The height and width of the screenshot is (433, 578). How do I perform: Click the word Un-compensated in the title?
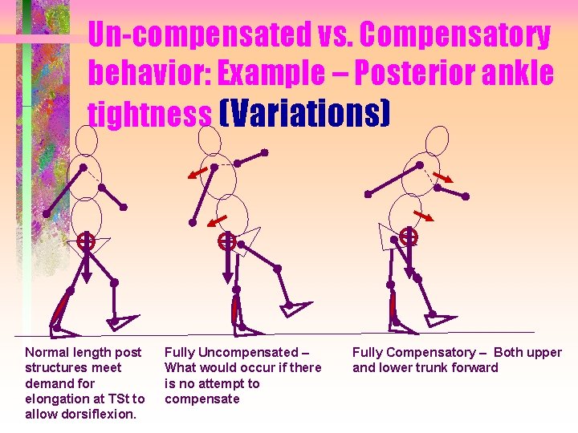point(197,34)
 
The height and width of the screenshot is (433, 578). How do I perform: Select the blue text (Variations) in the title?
point(303,114)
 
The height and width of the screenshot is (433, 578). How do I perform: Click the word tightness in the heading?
point(149,114)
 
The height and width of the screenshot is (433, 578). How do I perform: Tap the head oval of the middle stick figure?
point(210,140)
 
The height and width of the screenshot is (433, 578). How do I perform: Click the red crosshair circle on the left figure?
point(85,241)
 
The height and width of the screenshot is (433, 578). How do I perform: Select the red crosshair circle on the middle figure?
point(227,240)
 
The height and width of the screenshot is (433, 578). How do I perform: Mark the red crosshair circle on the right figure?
point(409,236)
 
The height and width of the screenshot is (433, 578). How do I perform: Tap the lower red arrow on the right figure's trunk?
point(423,216)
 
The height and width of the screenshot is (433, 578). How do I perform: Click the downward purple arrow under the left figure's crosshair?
point(86,265)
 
